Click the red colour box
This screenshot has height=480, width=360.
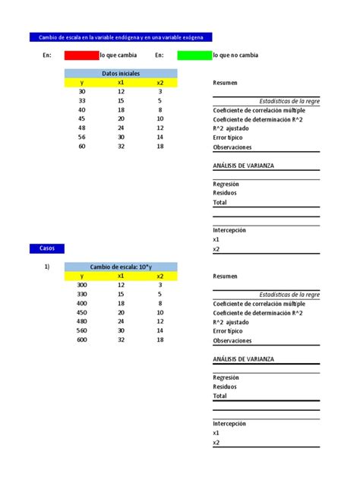pos(82,55)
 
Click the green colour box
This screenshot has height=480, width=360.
pos(194,55)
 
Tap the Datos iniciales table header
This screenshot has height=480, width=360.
pos(121,73)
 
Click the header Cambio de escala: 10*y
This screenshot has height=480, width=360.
pos(121,267)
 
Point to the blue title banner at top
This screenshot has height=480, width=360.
pos(121,37)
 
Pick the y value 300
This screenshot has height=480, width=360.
pos(82,285)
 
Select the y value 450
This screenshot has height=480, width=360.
pos(82,312)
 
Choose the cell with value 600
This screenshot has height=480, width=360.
pos(82,339)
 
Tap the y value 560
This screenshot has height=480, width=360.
pos(82,330)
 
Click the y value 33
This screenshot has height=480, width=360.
pos(82,100)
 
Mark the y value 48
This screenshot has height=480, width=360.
pos(82,128)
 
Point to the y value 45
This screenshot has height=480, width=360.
pos(82,118)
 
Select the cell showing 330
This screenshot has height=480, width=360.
pos(82,294)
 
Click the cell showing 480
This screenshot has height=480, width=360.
pos(82,321)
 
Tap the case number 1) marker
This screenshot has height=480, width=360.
pos(46,267)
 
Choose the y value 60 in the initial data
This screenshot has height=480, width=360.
pos(82,146)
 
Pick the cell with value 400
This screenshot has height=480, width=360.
pos(82,303)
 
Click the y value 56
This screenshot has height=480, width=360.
pos(82,137)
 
